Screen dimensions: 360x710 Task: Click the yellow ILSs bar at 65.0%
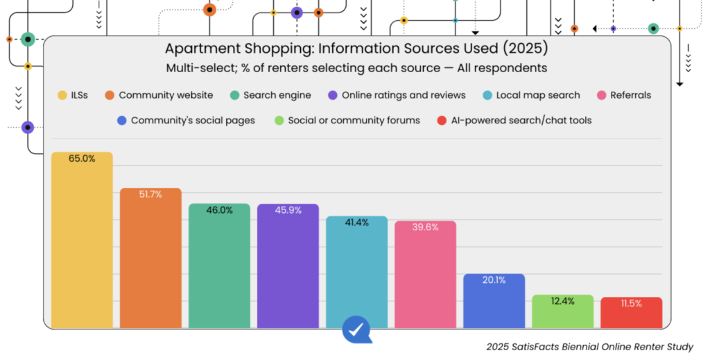82,239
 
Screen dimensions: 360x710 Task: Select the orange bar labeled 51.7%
150,257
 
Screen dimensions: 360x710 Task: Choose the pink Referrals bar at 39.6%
425,274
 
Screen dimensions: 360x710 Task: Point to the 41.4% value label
356,223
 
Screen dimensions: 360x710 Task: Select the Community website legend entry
158,95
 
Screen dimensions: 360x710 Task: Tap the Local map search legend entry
530,95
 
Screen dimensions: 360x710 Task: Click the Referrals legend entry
623,95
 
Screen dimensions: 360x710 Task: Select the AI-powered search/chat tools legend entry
514,120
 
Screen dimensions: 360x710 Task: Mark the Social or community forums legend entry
346,120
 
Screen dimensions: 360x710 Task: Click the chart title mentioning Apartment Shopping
356,49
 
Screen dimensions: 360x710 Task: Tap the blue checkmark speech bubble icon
356,329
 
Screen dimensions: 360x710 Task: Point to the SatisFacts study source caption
589,347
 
